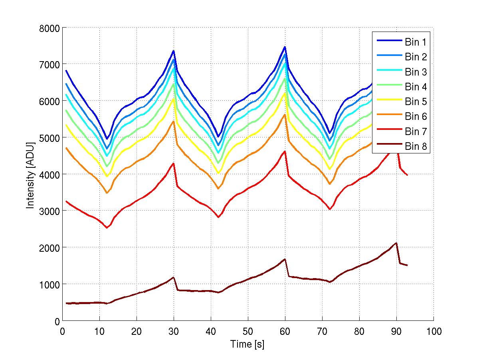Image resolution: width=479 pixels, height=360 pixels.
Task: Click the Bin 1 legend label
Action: pyautogui.click(x=416, y=42)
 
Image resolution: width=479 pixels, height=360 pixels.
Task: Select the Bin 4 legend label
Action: pyautogui.click(x=416, y=87)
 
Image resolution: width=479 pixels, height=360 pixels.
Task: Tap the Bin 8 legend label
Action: pyautogui.click(x=416, y=147)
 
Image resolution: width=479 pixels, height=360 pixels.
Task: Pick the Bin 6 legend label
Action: pyautogui.click(x=416, y=117)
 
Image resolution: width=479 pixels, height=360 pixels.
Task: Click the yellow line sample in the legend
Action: pyautogui.click(x=388, y=101)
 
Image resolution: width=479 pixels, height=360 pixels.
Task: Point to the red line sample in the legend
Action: pyautogui.click(x=388, y=131)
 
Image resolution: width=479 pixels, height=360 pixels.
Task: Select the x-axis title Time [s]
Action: pyautogui.click(x=247, y=344)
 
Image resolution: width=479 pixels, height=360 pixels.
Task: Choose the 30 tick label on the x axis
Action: pyautogui.click(x=174, y=331)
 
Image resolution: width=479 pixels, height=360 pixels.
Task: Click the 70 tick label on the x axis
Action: pyautogui.click(x=322, y=331)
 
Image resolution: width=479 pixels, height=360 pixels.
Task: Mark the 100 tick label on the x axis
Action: pyautogui.click(x=433, y=331)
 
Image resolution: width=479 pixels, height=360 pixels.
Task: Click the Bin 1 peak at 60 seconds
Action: pyautogui.click(x=285, y=47)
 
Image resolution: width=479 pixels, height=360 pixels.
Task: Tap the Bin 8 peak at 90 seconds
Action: pyautogui.click(x=396, y=243)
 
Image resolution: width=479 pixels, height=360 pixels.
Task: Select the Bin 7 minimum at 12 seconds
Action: pyautogui.click(x=107, y=228)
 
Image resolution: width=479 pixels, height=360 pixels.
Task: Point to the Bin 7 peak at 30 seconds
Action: pyautogui.click(x=173, y=163)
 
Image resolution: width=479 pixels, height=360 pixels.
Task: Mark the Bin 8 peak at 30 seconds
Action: pyautogui.click(x=173, y=277)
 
